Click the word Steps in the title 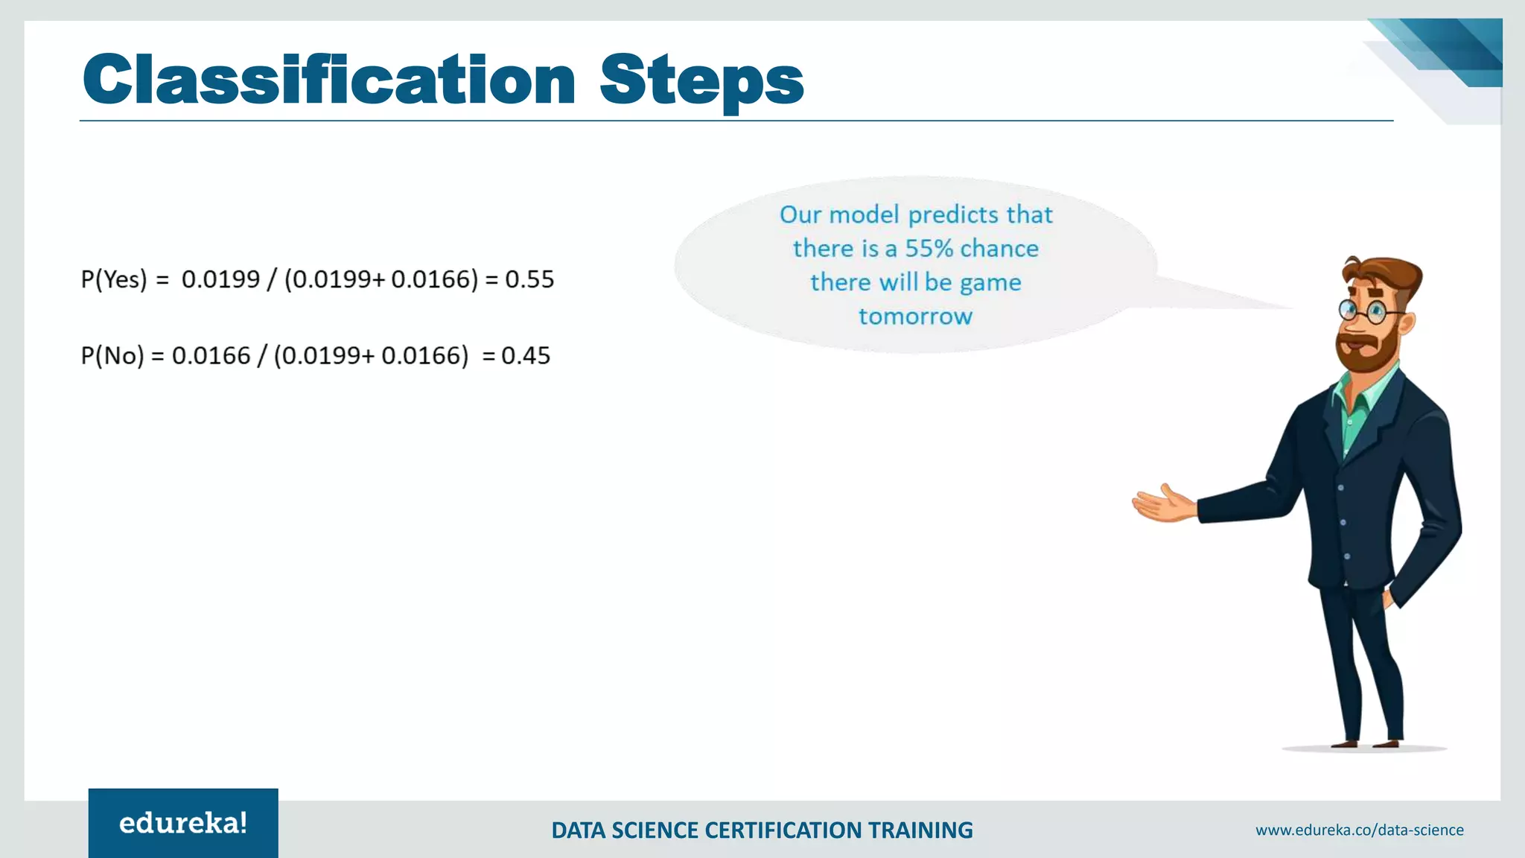pyautogui.click(x=701, y=80)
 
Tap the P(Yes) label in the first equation pyautogui.click(x=114, y=279)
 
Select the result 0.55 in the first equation pyautogui.click(x=529, y=279)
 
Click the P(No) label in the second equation pyautogui.click(x=112, y=355)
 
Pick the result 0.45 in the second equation pyautogui.click(x=526, y=355)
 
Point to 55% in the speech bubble pyautogui.click(x=929, y=248)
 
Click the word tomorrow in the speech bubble pyautogui.click(x=915, y=317)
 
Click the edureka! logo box pyautogui.click(x=183, y=823)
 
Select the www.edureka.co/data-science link pyautogui.click(x=1359, y=830)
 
